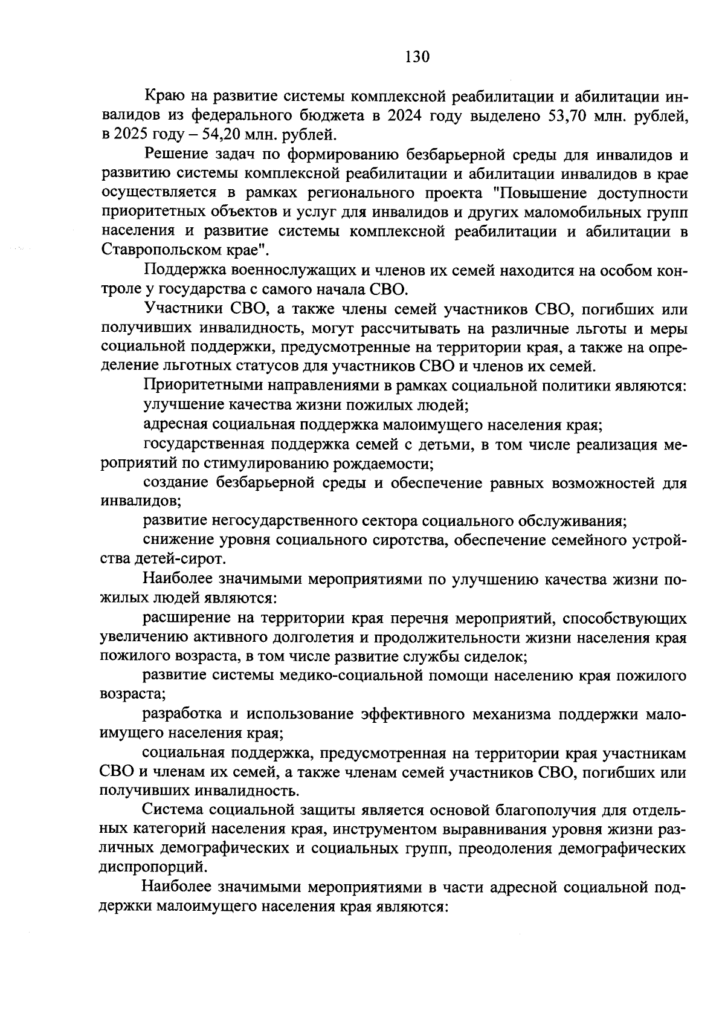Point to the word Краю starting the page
coord(164,96)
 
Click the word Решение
coord(176,155)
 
